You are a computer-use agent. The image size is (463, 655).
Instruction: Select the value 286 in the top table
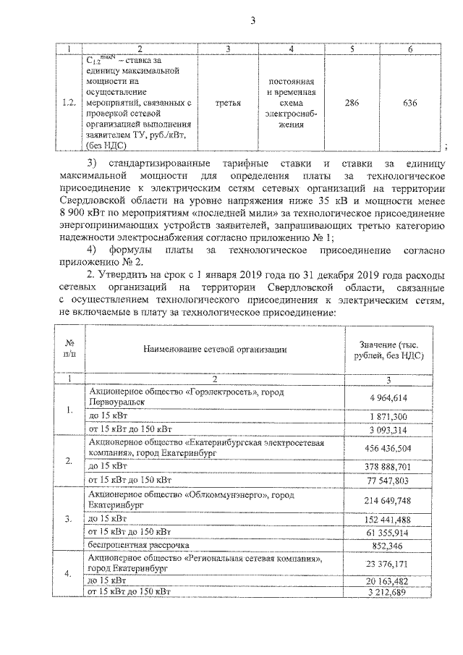click(352, 103)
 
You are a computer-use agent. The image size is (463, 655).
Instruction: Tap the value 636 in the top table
click(409, 103)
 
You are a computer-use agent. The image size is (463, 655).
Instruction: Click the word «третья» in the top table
click(228, 103)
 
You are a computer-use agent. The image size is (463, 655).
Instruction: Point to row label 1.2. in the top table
click(69, 103)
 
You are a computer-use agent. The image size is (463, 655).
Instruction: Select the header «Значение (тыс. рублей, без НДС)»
click(388, 349)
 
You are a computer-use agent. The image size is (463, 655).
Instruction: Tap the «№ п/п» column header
click(70, 348)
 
